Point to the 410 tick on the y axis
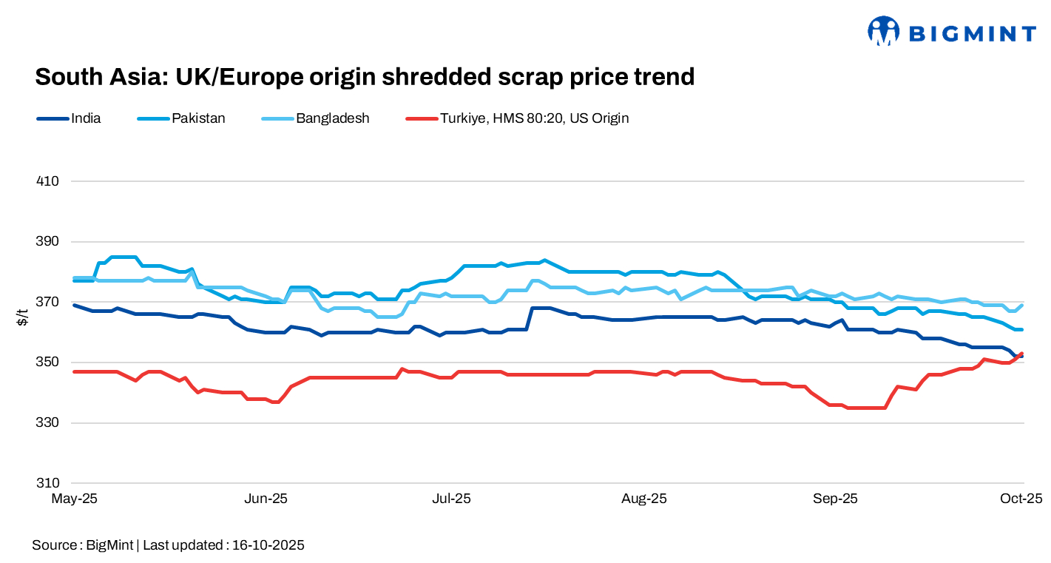click(x=48, y=181)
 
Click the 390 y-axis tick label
click(x=48, y=242)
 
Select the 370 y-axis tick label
click(x=48, y=302)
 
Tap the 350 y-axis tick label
click(x=48, y=363)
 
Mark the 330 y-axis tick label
click(x=48, y=423)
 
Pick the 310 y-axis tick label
click(x=48, y=483)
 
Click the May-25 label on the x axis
click(x=74, y=499)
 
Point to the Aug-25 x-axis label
click(x=643, y=499)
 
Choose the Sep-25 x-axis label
click(x=835, y=499)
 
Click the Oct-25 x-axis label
click(x=1021, y=499)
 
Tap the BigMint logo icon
click(x=883, y=32)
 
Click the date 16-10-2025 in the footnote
click(x=268, y=545)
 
